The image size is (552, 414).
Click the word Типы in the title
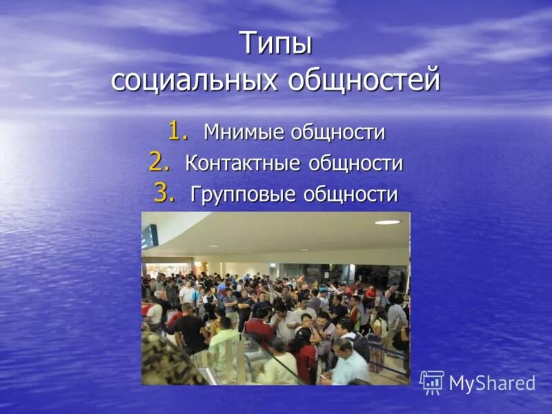click(x=276, y=44)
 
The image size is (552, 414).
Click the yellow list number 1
click(x=177, y=130)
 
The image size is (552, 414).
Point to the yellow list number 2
click(x=158, y=162)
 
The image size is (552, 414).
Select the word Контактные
click(x=242, y=164)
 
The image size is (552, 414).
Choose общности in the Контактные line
click(x=355, y=164)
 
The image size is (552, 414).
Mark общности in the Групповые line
click(x=352, y=195)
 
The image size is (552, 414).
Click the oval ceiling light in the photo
click(x=387, y=222)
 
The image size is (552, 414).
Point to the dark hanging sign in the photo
click(x=150, y=237)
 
